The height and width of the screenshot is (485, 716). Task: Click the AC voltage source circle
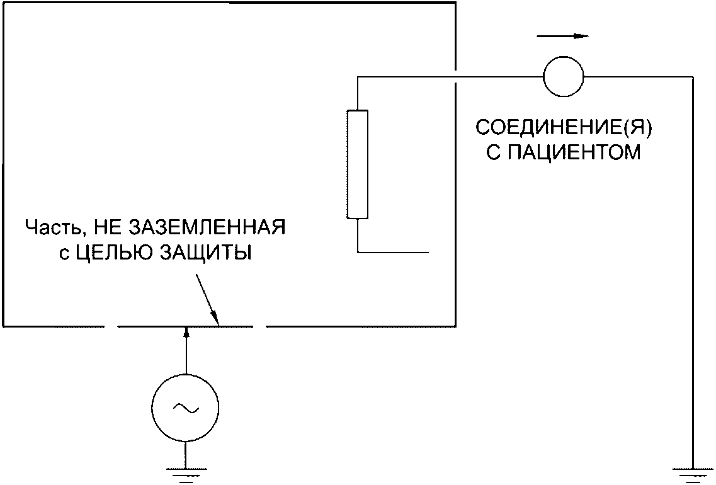(x=186, y=409)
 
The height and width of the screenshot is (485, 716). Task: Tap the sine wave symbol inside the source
(x=186, y=409)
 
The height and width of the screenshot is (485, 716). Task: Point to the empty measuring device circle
(x=564, y=76)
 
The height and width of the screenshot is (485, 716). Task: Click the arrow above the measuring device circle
(x=564, y=37)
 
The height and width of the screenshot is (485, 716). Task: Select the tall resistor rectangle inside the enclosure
(x=358, y=164)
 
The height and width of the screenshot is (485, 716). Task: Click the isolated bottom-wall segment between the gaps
(x=186, y=326)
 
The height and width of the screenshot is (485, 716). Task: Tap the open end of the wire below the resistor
(x=428, y=253)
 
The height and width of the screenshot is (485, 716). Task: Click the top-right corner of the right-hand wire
(x=693, y=77)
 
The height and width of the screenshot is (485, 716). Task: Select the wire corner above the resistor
(x=358, y=77)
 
